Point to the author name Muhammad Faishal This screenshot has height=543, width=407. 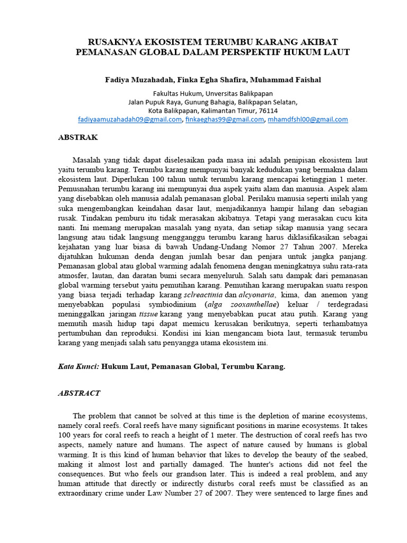(x=282, y=80)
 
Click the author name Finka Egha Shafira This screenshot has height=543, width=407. (x=208, y=80)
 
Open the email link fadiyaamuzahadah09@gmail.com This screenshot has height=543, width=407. (x=129, y=119)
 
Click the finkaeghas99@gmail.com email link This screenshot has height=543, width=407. (x=225, y=119)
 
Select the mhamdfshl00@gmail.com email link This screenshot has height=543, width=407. (x=307, y=119)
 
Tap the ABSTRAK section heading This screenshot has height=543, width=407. (x=78, y=137)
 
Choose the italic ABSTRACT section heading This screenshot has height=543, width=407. (x=79, y=393)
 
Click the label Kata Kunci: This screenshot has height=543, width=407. (x=78, y=366)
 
